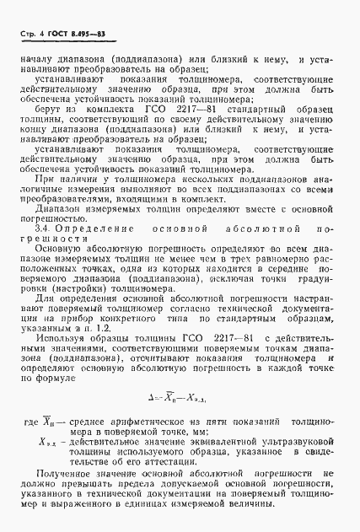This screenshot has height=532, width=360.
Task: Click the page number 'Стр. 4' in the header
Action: [37, 32]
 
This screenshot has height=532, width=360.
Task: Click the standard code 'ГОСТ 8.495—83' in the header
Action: [83, 32]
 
